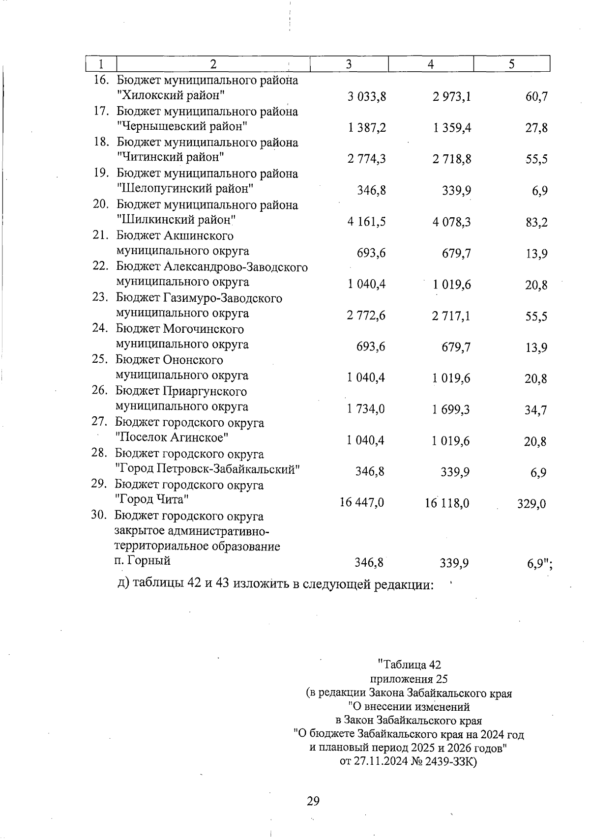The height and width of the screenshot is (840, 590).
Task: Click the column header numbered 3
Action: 349,64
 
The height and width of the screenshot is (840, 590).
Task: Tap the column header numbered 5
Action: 511,64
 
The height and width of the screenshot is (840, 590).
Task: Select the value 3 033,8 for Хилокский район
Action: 367,97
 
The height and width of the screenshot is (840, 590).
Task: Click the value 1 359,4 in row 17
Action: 452,128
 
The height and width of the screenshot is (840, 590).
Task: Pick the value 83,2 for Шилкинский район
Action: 536,222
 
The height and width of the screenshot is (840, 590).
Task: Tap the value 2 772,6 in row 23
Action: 366,316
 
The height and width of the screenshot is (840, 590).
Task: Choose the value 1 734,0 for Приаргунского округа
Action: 366,409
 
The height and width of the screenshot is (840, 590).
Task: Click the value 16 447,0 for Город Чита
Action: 362,502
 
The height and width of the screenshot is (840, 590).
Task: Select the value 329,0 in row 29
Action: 531,503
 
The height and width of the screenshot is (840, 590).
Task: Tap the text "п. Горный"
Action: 142,560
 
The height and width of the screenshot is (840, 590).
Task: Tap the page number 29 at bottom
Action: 313,801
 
